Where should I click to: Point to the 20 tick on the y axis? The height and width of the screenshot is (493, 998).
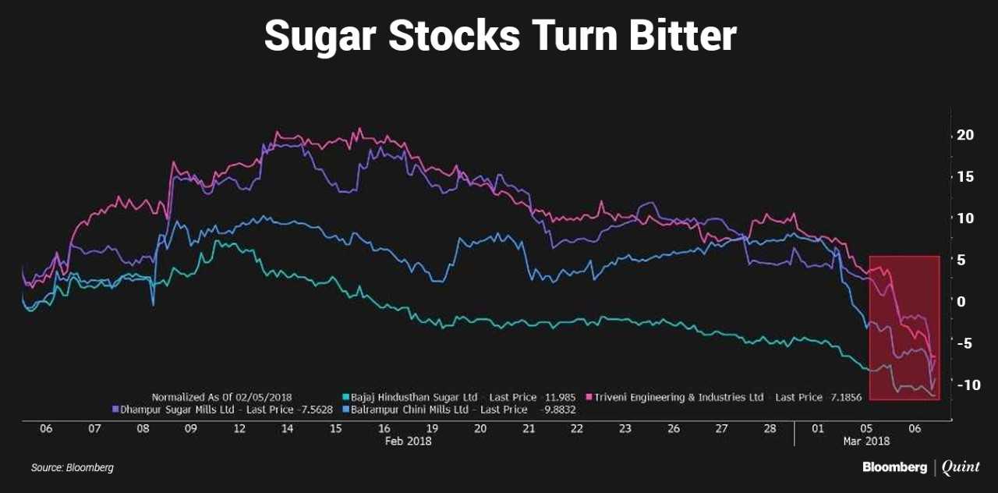point(965,135)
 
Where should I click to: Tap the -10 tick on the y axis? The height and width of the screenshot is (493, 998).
point(963,385)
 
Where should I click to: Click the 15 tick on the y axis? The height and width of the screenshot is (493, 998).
point(965,176)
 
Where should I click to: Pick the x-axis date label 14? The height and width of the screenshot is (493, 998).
point(287,429)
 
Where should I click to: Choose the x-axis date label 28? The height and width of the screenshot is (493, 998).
point(770,429)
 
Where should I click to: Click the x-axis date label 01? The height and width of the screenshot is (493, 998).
point(818,429)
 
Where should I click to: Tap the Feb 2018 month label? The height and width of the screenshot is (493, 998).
point(409,441)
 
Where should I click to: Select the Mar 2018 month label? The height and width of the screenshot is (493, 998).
point(866,441)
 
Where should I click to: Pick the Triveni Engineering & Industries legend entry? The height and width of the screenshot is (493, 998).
point(679,397)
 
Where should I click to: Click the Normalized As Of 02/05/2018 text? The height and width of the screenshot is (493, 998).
point(221,397)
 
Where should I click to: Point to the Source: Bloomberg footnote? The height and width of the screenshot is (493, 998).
point(73,468)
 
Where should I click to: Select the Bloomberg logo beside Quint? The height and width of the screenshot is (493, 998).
point(894,467)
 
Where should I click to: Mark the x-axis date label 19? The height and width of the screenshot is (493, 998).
point(432,429)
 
